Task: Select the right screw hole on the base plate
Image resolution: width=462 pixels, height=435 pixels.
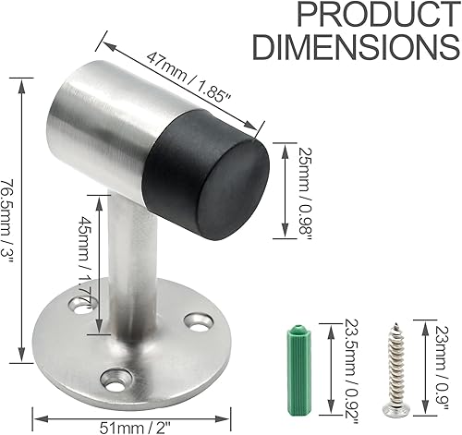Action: (195, 321)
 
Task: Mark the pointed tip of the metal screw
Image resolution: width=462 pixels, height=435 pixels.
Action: (393, 323)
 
